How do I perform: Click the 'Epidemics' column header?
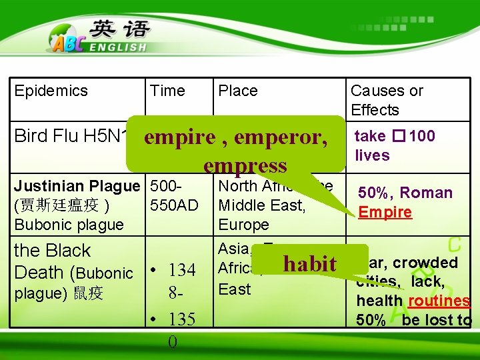51,91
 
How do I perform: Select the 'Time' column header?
167,91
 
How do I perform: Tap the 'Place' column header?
238,91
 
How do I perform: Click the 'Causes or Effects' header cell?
387,100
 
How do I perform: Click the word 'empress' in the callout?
245,165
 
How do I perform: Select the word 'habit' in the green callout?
310,264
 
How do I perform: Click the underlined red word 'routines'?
439,301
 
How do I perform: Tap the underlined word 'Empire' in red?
385,212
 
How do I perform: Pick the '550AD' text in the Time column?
175,205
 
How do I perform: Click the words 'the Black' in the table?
52,251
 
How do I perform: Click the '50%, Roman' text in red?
405,193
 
